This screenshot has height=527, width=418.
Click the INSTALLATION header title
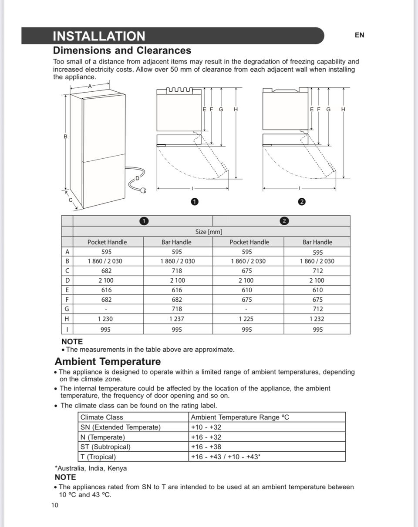click(x=99, y=36)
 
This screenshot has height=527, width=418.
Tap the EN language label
click(x=359, y=35)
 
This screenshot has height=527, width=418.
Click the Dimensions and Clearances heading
click(x=122, y=50)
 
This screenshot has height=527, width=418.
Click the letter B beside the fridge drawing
click(x=66, y=137)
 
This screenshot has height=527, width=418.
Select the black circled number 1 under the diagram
click(x=195, y=201)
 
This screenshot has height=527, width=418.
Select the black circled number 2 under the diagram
click(x=302, y=201)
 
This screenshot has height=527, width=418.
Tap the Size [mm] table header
click(x=211, y=232)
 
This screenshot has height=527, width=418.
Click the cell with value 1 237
click(x=177, y=319)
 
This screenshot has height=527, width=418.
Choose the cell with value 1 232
click(x=318, y=319)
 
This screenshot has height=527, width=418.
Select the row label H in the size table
click(x=67, y=319)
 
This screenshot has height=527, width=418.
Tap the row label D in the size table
click(x=67, y=280)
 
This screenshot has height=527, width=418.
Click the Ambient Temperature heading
click(x=108, y=362)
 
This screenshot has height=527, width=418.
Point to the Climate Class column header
click(x=102, y=417)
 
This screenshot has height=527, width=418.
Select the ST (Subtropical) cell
click(x=105, y=447)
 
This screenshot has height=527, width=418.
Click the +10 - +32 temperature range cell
click(x=206, y=427)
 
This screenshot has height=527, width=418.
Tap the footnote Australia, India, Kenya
click(x=91, y=468)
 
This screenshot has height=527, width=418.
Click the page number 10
click(x=55, y=505)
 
